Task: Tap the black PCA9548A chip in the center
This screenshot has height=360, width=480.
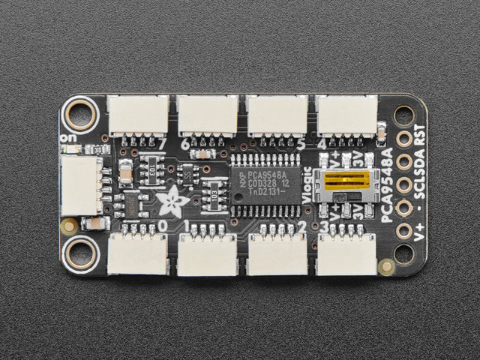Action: (x=265, y=184)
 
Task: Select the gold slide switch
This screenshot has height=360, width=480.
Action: (x=346, y=180)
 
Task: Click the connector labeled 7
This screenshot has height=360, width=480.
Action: (x=138, y=115)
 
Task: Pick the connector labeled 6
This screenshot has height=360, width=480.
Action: (x=208, y=115)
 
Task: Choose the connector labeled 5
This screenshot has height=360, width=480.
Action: (x=277, y=115)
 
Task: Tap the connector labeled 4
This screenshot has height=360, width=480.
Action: (x=346, y=115)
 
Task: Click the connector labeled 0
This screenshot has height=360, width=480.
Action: (x=138, y=253)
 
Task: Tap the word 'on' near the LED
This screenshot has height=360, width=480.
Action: (x=68, y=138)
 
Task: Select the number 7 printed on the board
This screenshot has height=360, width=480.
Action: (x=162, y=142)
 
